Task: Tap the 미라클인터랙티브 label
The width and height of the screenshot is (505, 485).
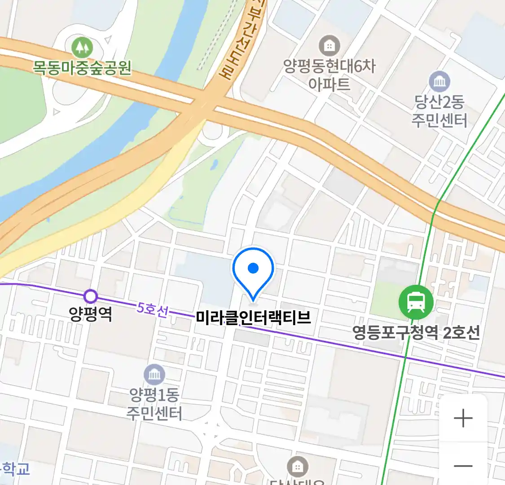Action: [253, 318]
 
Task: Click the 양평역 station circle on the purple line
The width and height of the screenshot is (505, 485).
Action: [91, 296]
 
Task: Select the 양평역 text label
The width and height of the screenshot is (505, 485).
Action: [91, 313]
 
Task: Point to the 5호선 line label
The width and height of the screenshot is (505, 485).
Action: [153, 309]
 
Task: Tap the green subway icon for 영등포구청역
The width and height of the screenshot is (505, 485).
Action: [416, 302]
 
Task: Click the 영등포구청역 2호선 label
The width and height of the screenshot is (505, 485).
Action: [416, 333]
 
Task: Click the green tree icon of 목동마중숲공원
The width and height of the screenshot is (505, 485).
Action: [82, 46]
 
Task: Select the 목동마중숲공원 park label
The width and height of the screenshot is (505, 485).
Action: [82, 67]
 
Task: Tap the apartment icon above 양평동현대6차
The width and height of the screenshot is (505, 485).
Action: [329, 45]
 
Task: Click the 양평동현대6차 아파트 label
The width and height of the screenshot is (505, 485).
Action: [329, 75]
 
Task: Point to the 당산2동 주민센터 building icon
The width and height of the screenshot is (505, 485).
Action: [439, 81]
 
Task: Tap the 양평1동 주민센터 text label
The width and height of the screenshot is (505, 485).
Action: [154, 404]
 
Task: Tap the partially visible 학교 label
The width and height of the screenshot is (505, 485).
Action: [16, 469]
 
